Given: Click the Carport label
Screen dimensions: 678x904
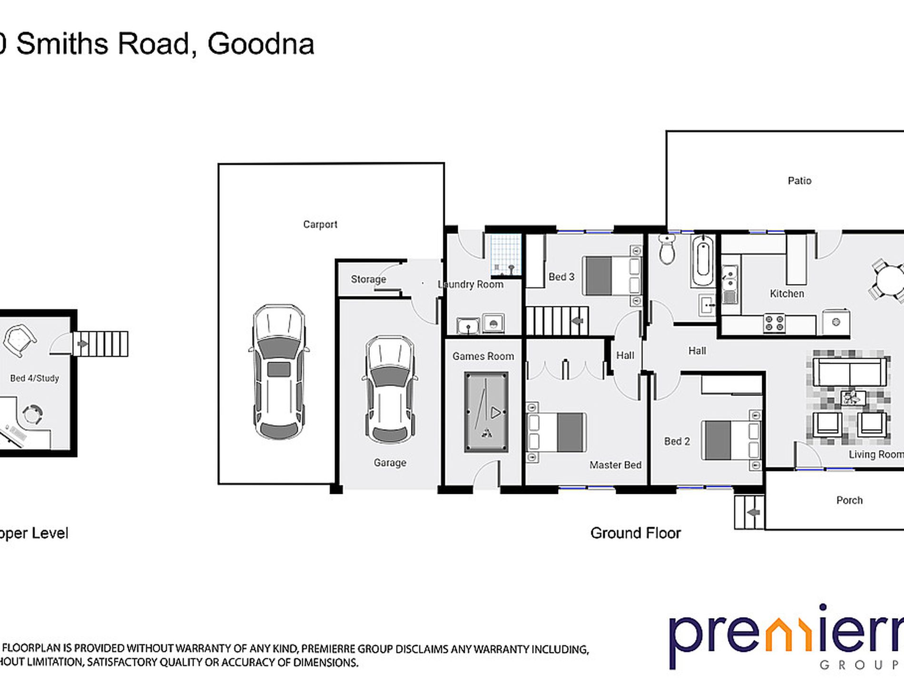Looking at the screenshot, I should coord(320,224).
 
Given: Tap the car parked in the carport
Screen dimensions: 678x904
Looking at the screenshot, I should coord(278,372).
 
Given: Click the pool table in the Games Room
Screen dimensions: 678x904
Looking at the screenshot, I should coord(486,412).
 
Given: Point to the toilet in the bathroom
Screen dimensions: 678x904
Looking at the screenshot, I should coord(667,250).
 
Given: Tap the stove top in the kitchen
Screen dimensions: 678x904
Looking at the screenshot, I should coord(774,323).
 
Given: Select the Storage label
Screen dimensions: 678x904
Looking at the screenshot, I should coord(368,279).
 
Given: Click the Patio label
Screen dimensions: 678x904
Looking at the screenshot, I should coord(799,181).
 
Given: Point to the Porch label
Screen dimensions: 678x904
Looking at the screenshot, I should coord(849,500).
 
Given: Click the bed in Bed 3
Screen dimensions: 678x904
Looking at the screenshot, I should coord(612,275).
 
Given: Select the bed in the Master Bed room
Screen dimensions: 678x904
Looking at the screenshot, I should coord(557,432).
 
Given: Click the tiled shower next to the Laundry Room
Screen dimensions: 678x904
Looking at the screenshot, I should coord(506,256).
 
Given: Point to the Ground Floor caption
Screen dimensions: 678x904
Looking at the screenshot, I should coord(635,533).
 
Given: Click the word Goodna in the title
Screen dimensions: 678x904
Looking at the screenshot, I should coord(261,44).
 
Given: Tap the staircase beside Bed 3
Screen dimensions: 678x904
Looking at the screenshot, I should coord(557,321).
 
